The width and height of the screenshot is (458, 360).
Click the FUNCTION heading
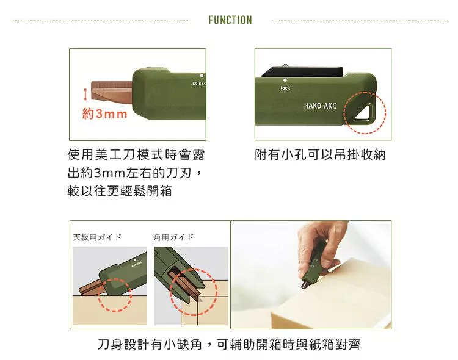[230, 20]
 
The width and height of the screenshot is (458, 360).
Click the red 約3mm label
[105, 113]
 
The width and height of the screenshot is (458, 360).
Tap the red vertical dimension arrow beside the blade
[85, 95]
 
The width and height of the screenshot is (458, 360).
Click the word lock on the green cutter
[285, 88]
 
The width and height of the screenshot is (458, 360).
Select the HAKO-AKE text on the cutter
[320, 106]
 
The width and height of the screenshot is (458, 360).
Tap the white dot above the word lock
[285, 80]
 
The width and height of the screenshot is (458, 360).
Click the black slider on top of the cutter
[303, 71]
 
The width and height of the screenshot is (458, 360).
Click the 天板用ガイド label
[97, 237]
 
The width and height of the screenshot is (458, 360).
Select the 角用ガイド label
[173, 237]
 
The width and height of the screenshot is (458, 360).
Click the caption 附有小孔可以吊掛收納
[320, 154]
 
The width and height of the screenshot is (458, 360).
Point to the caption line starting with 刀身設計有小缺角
[229, 344]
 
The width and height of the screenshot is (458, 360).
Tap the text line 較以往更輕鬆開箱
[120, 191]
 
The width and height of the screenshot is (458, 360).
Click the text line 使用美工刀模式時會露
[136, 154]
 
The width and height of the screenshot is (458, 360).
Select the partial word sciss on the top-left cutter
[199, 83]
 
